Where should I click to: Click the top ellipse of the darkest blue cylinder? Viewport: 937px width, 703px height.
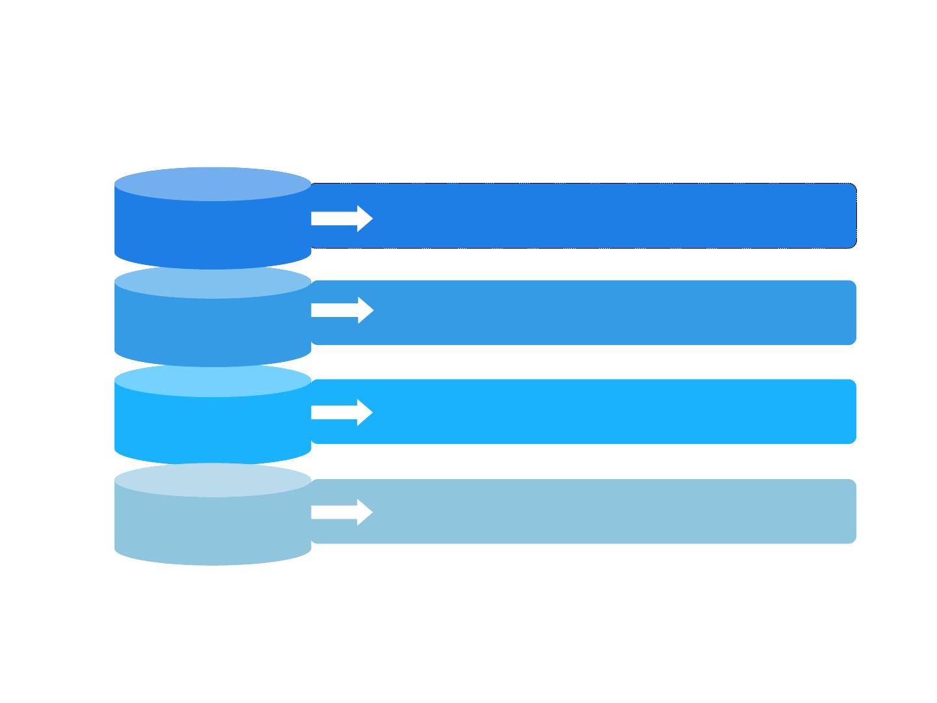click(213, 184)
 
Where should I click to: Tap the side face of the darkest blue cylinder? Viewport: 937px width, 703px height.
click(213, 234)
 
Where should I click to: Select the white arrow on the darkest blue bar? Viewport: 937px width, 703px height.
click(342, 218)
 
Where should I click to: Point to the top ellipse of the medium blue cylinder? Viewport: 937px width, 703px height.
click(213, 283)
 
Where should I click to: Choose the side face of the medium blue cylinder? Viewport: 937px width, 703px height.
click(213, 332)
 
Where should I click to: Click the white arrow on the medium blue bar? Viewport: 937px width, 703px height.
click(342, 310)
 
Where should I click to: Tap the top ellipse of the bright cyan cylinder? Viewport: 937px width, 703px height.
click(213, 381)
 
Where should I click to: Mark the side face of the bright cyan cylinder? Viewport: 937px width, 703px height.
click(213, 430)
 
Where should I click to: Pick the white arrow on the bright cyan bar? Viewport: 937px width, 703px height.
click(342, 412)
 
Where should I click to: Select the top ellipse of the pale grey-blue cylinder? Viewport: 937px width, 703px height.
click(213, 480)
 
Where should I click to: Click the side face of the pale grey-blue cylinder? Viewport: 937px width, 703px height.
click(213, 530)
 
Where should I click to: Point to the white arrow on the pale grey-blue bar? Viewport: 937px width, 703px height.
click(342, 512)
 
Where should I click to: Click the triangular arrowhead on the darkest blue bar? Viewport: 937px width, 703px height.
click(364, 218)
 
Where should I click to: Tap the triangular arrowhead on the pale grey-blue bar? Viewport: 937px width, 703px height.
click(364, 512)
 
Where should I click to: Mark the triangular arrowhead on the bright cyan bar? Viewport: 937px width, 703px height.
click(364, 412)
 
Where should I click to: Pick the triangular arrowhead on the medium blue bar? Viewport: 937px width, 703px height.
click(364, 310)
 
